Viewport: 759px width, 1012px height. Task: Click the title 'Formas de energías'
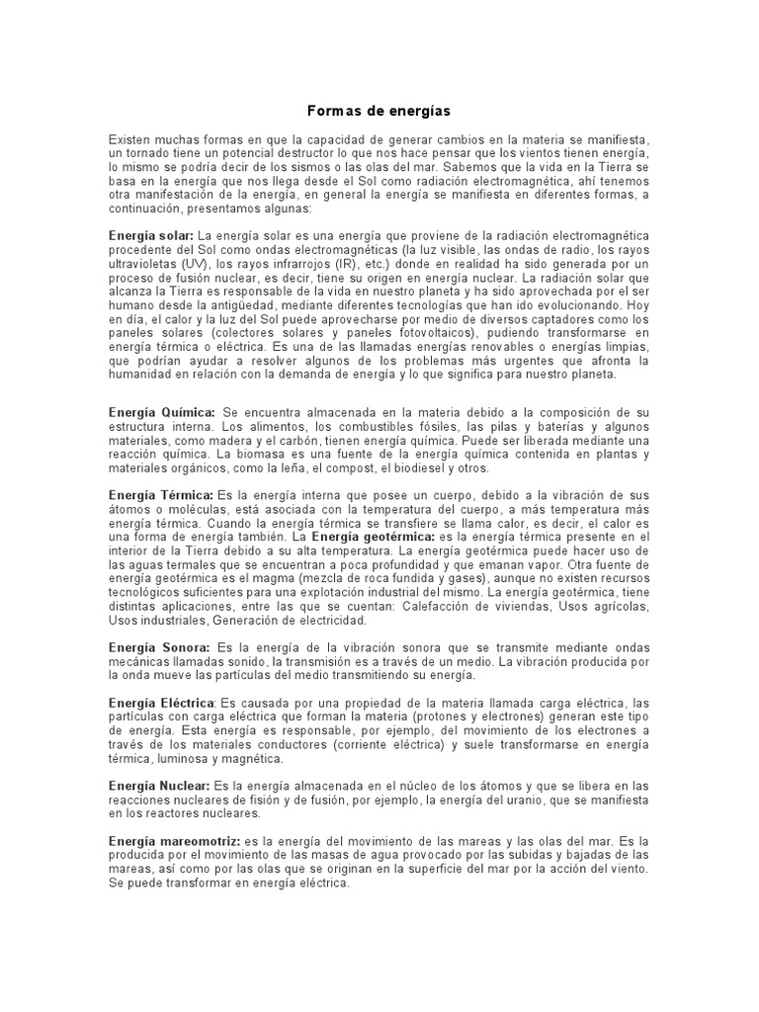click(x=379, y=112)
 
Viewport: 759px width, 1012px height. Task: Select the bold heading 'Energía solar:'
click(x=151, y=237)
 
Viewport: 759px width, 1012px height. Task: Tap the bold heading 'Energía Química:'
click(x=161, y=411)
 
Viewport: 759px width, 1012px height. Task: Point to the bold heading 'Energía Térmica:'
click(x=160, y=493)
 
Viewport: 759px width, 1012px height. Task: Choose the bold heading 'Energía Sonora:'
click(x=158, y=646)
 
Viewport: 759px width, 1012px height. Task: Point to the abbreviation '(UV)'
click(x=193, y=279)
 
